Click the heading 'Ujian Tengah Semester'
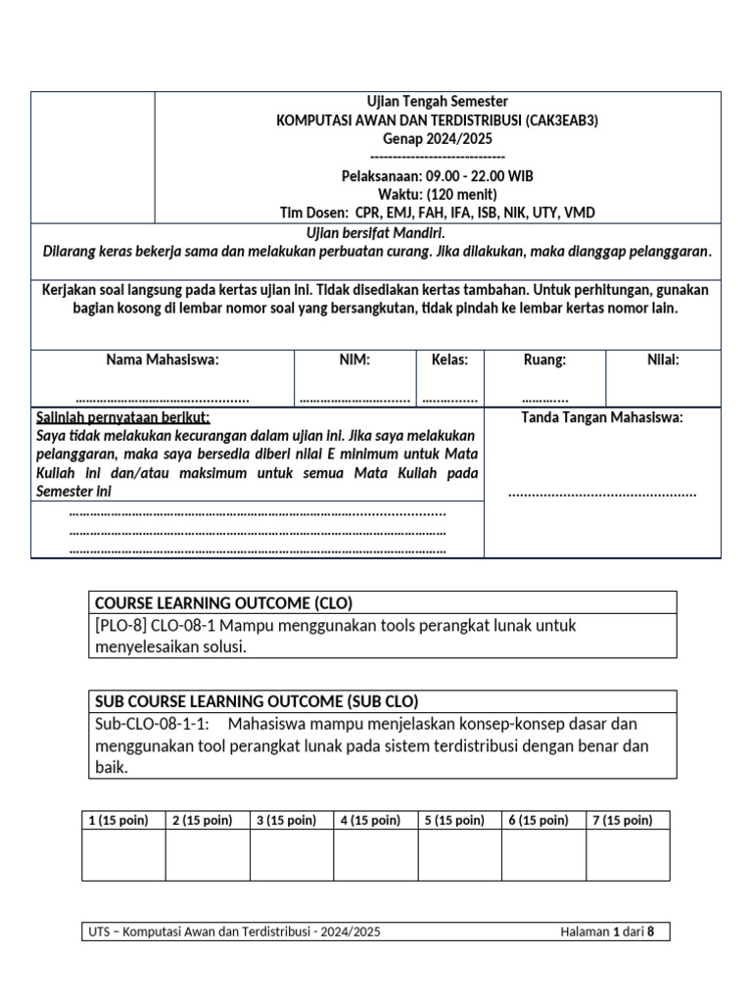[x=437, y=102]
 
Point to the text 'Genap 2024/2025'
[x=437, y=139]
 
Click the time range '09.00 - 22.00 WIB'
[x=480, y=176]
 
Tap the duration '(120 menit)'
[x=464, y=194]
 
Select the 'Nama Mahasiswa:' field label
[x=163, y=360]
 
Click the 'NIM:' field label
[x=353, y=360]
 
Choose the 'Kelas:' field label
[x=449, y=360]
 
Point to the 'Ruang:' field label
[x=544, y=360]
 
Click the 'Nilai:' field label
[x=663, y=360]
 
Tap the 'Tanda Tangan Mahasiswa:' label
[x=602, y=418]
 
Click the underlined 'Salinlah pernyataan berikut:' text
[x=122, y=418]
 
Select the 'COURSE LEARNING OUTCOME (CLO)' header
[x=223, y=602]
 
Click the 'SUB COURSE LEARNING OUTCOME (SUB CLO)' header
[x=258, y=701]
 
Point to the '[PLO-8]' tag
[x=120, y=625]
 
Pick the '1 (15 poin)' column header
[x=118, y=820]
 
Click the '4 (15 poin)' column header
[x=370, y=820]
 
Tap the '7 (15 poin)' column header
[x=623, y=820]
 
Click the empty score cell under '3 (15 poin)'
[x=291, y=855]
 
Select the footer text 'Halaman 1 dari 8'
[x=607, y=931]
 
